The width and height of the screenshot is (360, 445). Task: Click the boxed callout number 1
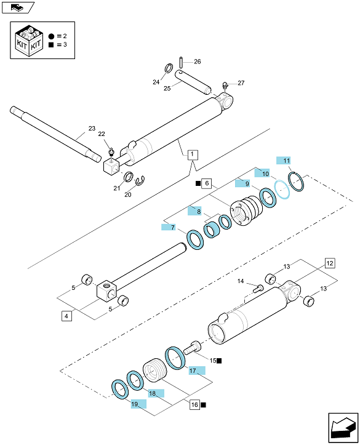click(x=193, y=154)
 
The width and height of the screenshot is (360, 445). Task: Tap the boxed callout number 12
click(x=330, y=263)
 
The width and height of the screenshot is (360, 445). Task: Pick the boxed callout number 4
click(x=66, y=316)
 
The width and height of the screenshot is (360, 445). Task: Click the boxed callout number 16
click(x=194, y=404)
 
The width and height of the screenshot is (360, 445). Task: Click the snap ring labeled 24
click(x=169, y=68)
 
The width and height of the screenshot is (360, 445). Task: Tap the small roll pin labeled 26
click(x=181, y=62)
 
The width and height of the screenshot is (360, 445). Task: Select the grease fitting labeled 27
click(x=225, y=86)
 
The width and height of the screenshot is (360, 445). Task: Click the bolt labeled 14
click(x=258, y=289)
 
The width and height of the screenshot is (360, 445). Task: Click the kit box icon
click(x=29, y=40)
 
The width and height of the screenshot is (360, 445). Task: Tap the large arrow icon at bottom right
click(x=343, y=428)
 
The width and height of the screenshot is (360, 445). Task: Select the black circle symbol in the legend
click(x=51, y=36)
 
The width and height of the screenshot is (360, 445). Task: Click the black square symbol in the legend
click(x=51, y=44)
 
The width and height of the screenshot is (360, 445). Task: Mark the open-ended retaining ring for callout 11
click(x=297, y=182)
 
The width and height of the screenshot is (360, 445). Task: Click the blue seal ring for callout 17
click(x=175, y=358)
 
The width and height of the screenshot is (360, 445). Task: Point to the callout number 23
click(x=92, y=128)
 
